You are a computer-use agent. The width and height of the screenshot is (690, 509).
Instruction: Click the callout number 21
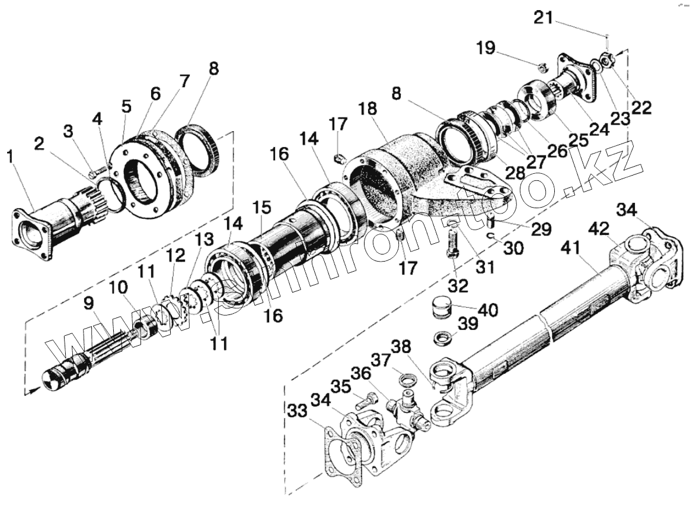543,17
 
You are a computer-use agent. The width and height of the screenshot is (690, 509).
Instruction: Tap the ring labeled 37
405,377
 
